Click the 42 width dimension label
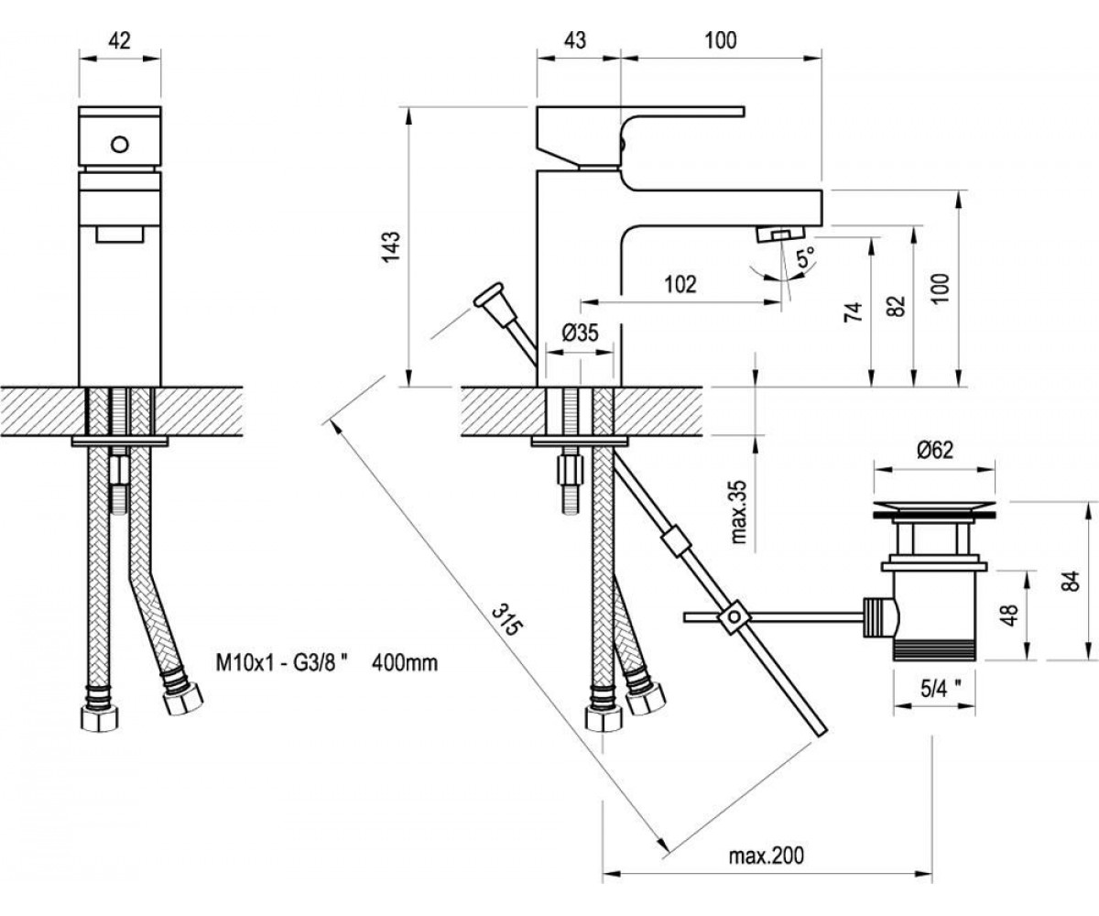click(x=119, y=40)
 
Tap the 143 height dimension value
click(x=392, y=245)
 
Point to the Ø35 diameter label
click(x=580, y=333)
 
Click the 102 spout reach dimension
click(x=680, y=284)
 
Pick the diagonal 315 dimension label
click(x=506, y=619)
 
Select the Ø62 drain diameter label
click(x=935, y=450)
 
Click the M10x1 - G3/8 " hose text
click(x=283, y=663)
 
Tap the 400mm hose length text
click(x=405, y=663)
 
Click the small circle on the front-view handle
click(x=120, y=144)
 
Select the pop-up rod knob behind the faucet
click(x=489, y=295)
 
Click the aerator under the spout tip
click(x=781, y=234)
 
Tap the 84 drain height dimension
click(x=1072, y=580)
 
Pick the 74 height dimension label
click(x=853, y=311)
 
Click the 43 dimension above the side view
click(x=574, y=40)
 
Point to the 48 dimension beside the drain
click(x=1011, y=614)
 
